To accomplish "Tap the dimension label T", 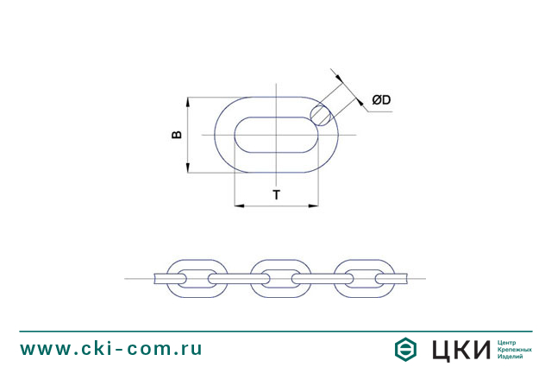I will pos(276,194).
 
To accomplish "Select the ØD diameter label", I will pos(381,101).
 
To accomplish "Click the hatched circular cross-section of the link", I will pos(322,113).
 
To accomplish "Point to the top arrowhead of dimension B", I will pos(187,100).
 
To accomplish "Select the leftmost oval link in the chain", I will pos(191,278).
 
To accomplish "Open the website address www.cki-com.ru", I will pos(111,348).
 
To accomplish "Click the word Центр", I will pos(509,342).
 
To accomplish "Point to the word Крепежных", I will pos(516,349).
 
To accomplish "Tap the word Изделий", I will pos(512,357).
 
